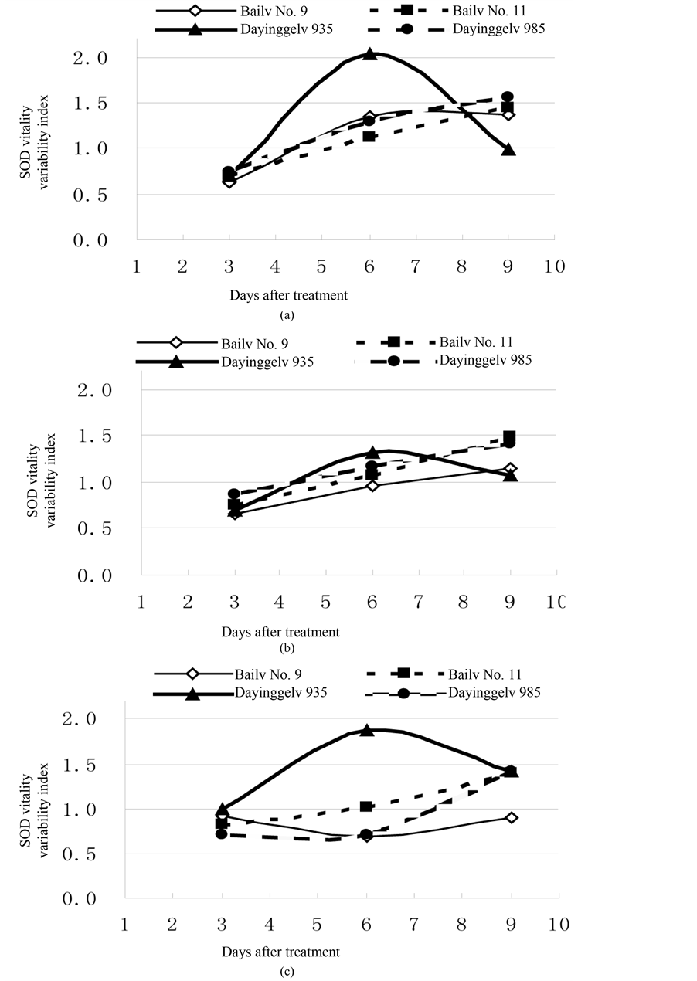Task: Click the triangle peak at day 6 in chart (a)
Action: pyautogui.click(x=370, y=55)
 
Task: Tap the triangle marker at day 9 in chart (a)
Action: pyautogui.click(x=508, y=150)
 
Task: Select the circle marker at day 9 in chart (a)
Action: pyautogui.click(x=508, y=97)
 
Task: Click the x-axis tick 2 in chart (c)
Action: pyautogui.click(x=172, y=924)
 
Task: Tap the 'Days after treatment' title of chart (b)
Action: pyautogui.click(x=280, y=632)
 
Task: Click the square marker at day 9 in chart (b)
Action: pyautogui.click(x=509, y=437)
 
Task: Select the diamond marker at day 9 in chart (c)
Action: pyautogui.click(x=512, y=817)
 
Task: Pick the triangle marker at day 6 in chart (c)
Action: pyautogui.click(x=367, y=730)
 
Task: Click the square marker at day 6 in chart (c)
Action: pyautogui.click(x=367, y=806)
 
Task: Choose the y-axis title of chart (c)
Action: pyautogui.click(x=30, y=809)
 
